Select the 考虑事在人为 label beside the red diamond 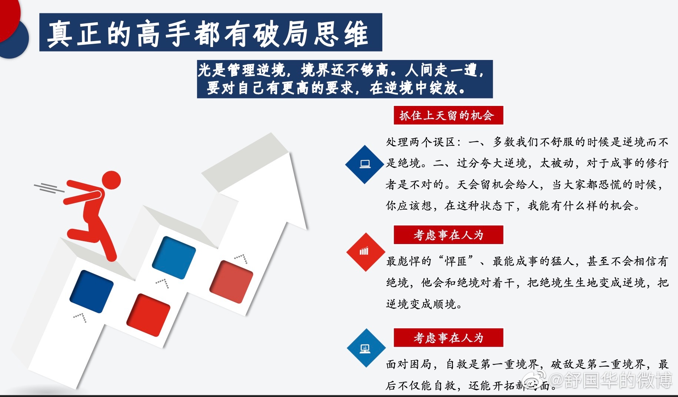[x=448, y=235]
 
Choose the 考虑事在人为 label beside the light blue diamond [x=448, y=338]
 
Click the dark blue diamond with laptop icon [x=365, y=164]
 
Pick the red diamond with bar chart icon [x=366, y=252]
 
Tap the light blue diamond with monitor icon [x=366, y=348]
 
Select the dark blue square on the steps [x=92, y=291]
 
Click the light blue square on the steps [x=174, y=258]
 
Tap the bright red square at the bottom [x=148, y=315]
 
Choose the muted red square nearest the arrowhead [x=231, y=282]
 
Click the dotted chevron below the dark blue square [x=80, y=317]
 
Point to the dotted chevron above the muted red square [x=241, y=258]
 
